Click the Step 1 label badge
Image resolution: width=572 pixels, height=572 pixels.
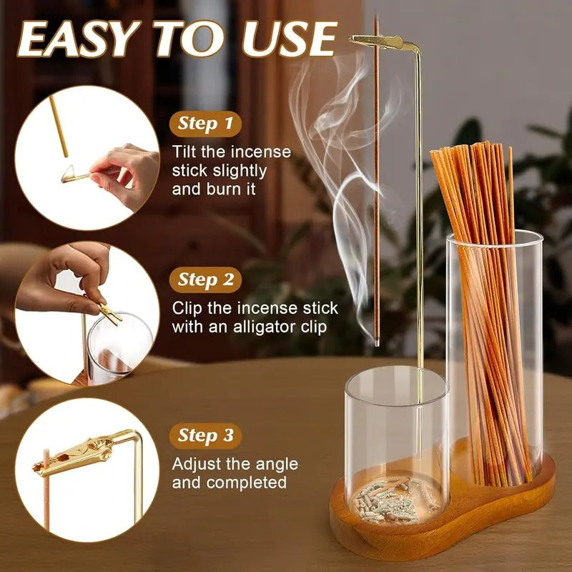205,124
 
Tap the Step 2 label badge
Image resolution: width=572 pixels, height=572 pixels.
205,280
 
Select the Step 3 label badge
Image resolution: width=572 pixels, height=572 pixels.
205,435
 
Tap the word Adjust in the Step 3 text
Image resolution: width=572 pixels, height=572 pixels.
197,464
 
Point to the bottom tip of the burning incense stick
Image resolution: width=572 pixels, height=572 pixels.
376,344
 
